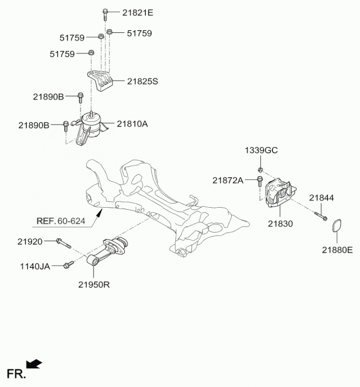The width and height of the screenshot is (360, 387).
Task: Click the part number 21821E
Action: point(138,13)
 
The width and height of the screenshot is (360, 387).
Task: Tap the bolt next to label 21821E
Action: point(105,14)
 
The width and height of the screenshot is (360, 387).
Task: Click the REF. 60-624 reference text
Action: point(60,221)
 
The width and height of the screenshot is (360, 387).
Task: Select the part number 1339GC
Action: point(261,150)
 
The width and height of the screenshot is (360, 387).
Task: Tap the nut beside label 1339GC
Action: point(260,169)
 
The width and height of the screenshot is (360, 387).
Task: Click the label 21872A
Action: point(228,181)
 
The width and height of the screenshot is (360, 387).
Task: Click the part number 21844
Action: point(321,198)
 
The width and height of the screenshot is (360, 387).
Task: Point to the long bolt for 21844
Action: point(320,215)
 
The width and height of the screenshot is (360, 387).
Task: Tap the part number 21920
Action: point(30,242)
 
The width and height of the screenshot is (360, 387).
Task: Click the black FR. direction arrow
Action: point(35,363)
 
